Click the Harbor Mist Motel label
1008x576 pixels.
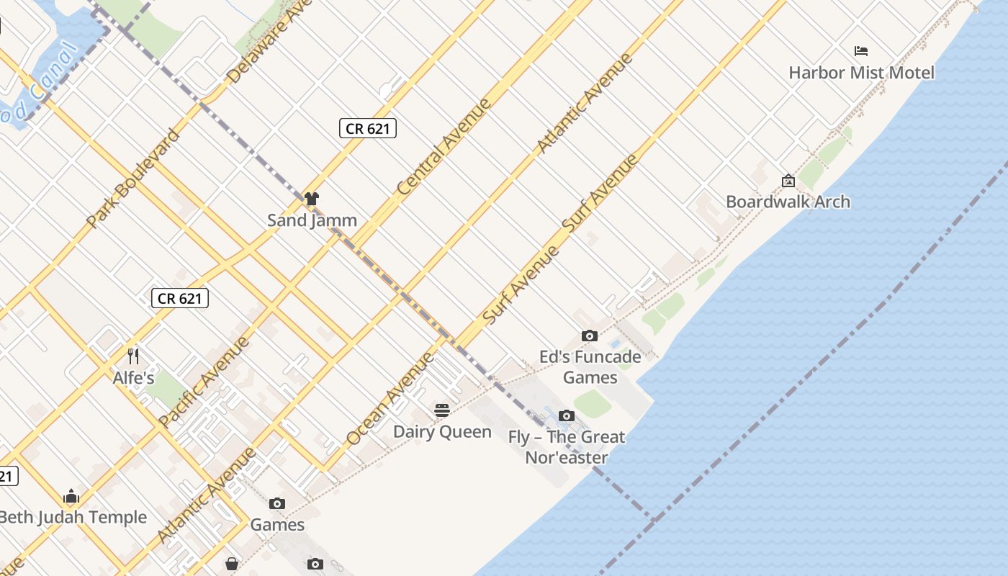[861, 73]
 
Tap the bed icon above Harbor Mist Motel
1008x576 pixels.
[861, 51]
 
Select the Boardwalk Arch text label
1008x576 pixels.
[788, 202]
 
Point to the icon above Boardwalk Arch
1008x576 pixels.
[788, 181]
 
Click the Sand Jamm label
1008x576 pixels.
[312, 220]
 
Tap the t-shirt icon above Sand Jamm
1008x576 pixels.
[311, 199]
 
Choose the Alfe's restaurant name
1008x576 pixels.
[133, 377]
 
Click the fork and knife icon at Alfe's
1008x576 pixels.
[132, 356]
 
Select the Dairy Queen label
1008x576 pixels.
[442, 432]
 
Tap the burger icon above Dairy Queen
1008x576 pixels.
[442, 410]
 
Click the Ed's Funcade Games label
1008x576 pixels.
[590, 367]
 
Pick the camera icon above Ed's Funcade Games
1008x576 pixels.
[589, 336]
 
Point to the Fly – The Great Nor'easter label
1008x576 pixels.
[567, 447]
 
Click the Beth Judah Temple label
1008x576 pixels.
[72, 517]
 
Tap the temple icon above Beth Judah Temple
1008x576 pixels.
[71, 496]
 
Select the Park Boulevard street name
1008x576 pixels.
[132, 178]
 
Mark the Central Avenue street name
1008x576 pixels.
[444, 146]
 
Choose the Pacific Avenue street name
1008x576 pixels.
[204, 381]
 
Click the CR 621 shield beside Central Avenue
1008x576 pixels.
[367, 128]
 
